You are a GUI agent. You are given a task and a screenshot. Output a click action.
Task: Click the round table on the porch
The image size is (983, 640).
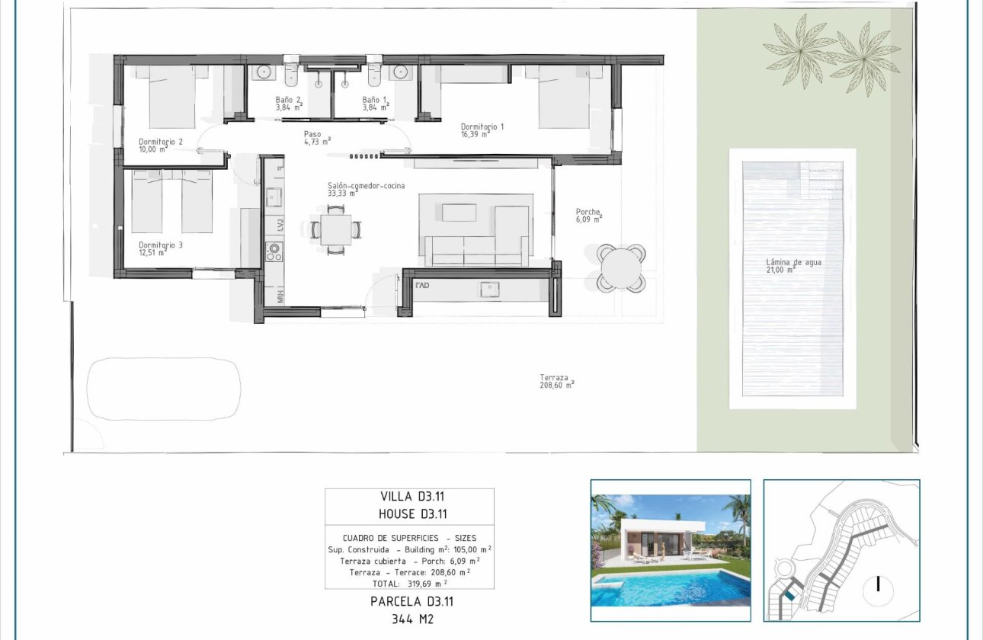621,267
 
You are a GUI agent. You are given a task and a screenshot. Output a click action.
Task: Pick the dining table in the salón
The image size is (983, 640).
335,229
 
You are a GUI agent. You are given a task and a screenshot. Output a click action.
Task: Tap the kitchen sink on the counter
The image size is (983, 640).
274,197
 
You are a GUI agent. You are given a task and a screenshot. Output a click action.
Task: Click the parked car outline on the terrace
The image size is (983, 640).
163,389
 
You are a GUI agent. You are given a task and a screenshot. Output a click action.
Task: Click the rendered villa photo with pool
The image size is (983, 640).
671,550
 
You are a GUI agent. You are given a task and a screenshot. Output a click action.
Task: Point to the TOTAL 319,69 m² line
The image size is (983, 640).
409,582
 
